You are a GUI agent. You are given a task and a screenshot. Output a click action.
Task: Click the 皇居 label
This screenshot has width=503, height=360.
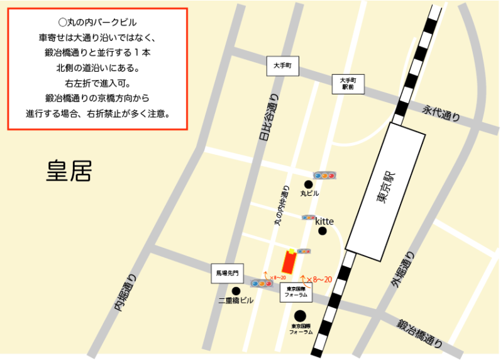pos(69,171)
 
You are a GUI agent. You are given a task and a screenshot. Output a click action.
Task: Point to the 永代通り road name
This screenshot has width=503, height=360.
pos(441,113)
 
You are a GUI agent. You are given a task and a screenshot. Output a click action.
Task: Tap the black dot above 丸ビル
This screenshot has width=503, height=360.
pos(308,184)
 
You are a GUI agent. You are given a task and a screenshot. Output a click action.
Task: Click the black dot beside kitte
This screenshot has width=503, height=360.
pos(323,231)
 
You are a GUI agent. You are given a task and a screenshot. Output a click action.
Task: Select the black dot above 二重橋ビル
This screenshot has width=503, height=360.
pos(236,291)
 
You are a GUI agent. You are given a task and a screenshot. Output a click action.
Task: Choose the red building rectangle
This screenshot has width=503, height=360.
pos(290,261)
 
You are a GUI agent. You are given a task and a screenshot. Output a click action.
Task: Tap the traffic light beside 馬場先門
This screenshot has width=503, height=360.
pos(261,283)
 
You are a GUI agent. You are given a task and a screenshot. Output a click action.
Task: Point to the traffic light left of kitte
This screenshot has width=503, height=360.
pos(308,217)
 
